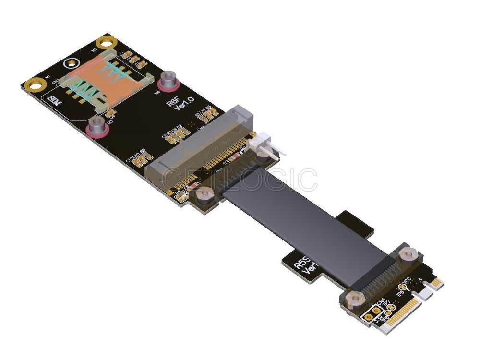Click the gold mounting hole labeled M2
(104, 43)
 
